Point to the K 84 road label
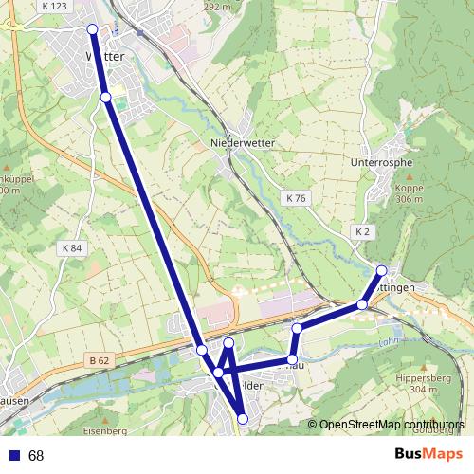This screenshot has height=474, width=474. click(71, 248)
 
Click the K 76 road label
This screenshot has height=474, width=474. click(296, 198)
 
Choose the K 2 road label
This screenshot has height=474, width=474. click(362, 231)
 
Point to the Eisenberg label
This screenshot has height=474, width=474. click(105, 431)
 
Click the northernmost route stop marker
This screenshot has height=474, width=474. click(93, 29)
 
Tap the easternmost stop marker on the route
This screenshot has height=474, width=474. click(381, 271)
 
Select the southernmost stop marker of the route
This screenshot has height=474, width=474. click(243, 418)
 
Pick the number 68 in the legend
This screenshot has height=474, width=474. click(36, 456)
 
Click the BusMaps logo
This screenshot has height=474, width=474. click(428, 454)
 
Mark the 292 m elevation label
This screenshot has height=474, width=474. click(217, 6)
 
